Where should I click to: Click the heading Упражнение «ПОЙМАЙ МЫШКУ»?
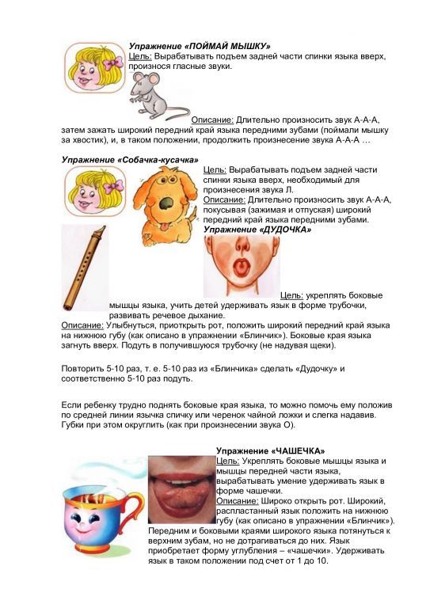pyautogui.click(x=200, y=46)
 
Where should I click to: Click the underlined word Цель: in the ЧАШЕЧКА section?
pyautogui.click(x=227, y=461)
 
